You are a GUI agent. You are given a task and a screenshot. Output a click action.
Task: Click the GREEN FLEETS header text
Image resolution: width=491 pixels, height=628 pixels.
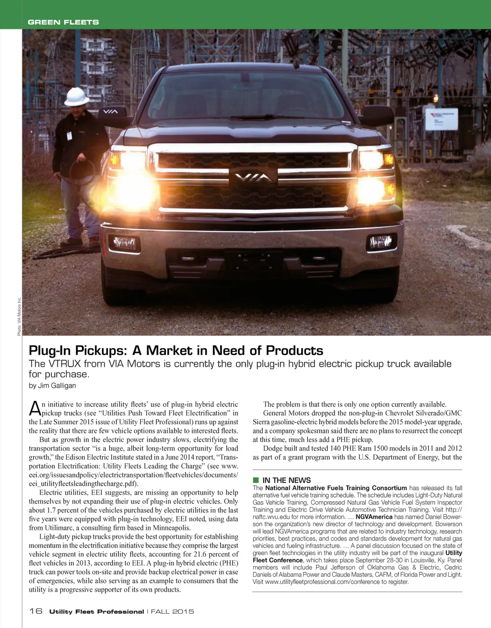tap(63, 22)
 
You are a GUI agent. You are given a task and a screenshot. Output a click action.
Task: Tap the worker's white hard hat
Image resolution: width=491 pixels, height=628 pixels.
tap(77, 96)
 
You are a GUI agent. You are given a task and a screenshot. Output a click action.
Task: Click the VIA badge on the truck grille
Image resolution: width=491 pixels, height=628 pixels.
tap(254, 177)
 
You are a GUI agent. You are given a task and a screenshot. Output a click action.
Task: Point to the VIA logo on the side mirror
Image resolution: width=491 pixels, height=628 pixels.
tap(111, 112)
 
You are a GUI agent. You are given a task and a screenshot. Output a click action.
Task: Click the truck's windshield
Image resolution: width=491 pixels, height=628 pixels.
tap(247, 96)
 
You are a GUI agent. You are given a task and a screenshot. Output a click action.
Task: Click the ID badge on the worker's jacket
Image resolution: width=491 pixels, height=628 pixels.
tap(70, 136)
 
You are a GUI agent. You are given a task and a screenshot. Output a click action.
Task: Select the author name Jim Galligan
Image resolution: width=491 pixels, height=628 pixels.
tap(57, 385)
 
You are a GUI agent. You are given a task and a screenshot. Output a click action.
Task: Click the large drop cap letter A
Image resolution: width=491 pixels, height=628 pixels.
tap(35, 408)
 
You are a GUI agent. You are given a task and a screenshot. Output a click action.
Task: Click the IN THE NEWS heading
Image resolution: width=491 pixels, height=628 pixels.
tap(286, 480)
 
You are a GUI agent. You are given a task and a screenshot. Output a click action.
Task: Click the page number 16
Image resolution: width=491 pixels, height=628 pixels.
tap(35, 611)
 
